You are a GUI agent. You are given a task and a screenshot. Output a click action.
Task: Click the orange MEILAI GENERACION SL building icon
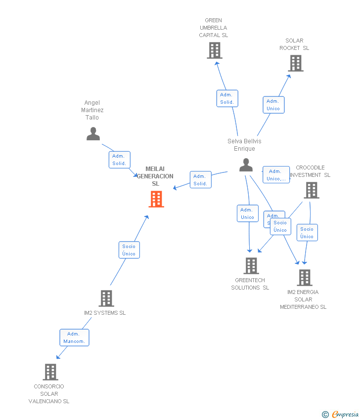[x=156, y=199]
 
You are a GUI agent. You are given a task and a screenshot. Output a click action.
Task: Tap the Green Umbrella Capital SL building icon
[x=215, y=50]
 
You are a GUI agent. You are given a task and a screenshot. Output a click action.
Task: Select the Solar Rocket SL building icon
[x=296, y=63]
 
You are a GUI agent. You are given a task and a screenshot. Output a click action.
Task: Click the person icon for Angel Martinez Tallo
[x=93, y=134]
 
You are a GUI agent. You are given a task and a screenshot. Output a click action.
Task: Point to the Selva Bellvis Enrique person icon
[x=246, y=165]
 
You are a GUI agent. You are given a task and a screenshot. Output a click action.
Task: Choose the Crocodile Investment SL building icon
[x=311, y=190]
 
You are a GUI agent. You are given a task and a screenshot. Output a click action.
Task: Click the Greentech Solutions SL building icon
[x=251, y=266]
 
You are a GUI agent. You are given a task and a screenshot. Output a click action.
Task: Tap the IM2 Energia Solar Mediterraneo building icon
[x=305, y=278]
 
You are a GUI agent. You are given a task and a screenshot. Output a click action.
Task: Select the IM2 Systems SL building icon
[x=106, y=298]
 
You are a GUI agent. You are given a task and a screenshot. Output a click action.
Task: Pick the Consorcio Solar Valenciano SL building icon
[x=50, y=372]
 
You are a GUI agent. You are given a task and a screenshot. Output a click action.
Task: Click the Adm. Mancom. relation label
[x=74, y=337]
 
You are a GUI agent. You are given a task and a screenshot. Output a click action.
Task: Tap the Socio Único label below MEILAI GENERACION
[x=129, y=250]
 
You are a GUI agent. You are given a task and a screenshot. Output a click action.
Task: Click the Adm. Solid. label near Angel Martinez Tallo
[x=119, y=160]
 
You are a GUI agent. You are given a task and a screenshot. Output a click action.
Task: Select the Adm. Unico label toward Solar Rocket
[x=273, y=105]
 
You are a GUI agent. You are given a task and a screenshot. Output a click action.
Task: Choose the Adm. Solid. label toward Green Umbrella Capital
[x=227, y=98]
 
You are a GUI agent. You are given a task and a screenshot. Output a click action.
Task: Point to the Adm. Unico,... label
[x=276, y=175]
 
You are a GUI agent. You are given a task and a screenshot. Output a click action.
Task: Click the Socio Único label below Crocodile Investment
[x=307, y=233]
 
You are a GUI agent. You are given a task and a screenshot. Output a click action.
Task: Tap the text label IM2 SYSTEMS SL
[x=105, y=313]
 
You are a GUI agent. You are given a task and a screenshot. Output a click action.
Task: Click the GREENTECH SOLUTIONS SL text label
[x=250, y=284]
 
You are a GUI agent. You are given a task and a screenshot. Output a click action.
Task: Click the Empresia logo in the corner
[x=345, y=415]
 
